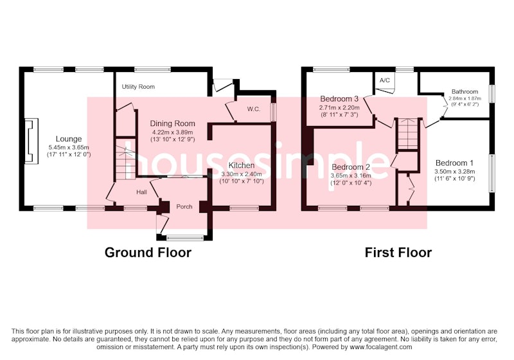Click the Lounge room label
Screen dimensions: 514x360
69,139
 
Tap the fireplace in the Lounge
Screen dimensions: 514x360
31,141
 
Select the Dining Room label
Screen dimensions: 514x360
172,123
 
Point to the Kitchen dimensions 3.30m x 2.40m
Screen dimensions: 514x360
242,174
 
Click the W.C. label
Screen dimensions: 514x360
254,109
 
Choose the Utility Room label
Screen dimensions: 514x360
138,87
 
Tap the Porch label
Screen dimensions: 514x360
184,206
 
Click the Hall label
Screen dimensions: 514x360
141,192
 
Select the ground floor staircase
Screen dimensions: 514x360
125,158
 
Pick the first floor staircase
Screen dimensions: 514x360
407,134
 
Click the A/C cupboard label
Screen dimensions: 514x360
385,80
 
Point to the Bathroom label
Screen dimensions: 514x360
465,91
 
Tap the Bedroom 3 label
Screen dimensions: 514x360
339,99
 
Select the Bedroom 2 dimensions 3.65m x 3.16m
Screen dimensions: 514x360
351,175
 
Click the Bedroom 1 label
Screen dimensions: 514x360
454,163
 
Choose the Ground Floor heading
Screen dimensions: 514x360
148,253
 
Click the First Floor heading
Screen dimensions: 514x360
398,253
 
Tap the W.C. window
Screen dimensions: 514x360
273,109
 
